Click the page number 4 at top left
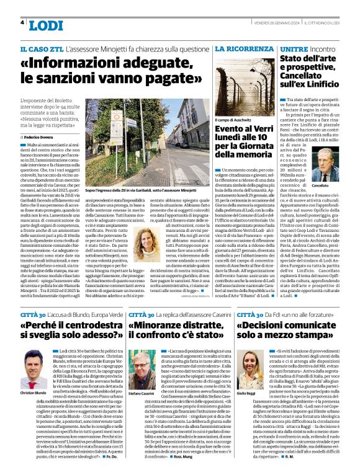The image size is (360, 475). pos(22,23)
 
